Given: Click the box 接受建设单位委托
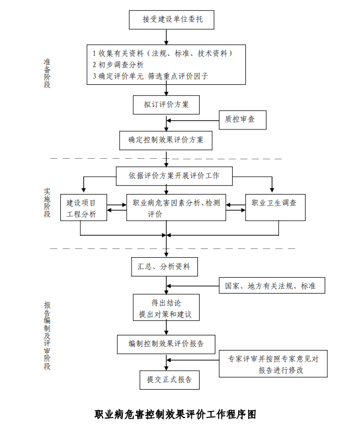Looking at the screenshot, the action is [171, 20].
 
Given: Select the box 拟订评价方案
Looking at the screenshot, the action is [166, 105].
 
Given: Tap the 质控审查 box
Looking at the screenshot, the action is [243, 120].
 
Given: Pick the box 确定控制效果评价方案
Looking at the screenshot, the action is [166, 140].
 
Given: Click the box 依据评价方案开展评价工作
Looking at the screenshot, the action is [174, 176].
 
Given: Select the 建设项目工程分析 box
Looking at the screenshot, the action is [83, 208].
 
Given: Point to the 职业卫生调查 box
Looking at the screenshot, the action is [275, 208].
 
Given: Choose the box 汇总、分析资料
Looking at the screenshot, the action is [164, 267].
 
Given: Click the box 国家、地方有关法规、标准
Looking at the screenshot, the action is [272, 285].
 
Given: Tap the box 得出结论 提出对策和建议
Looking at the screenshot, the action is [166, 307].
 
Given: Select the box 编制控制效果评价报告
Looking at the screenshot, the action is [166, 344].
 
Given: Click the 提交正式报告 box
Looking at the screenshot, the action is [170, 380].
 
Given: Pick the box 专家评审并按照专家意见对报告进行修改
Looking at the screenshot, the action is [273, 364].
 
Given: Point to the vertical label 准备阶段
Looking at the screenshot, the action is [47, 73].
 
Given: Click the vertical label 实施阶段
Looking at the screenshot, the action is [47, 202].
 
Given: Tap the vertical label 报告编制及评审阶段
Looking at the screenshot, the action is [47, 335].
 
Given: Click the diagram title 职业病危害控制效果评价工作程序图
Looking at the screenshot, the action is [175, 414].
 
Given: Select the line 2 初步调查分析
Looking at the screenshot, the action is [118, 65].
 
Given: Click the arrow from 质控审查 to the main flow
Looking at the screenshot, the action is [193, 121].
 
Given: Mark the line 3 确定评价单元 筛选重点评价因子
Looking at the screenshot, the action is [150, 76].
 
